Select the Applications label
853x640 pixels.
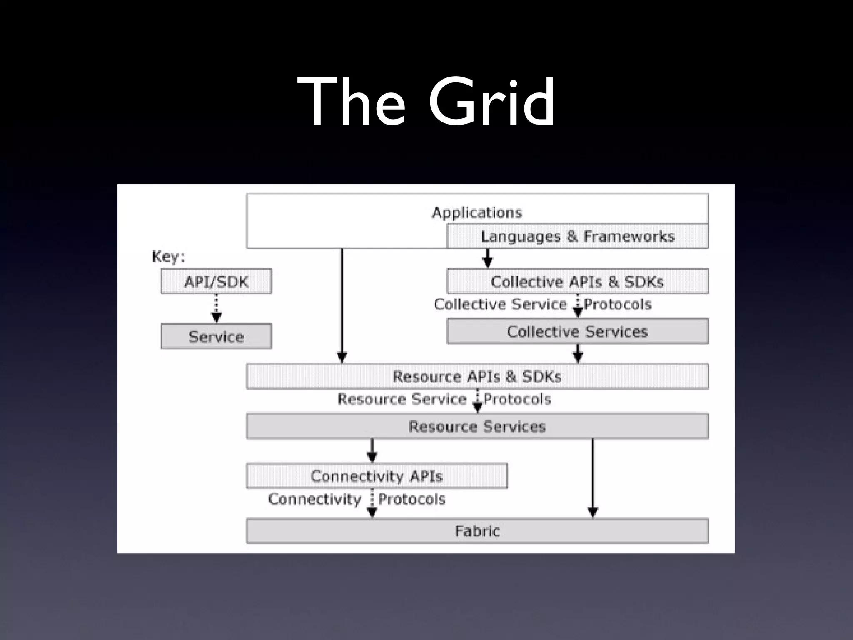tap(477, 212)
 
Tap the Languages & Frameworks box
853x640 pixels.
tap(577, 236)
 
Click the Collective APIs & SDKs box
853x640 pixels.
tap(577, 281)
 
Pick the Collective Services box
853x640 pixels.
tap(577, 331)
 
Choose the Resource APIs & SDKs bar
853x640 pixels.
tap(477, 376)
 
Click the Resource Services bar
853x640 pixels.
tap(477, 426)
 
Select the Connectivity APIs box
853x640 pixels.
tap(377, 476)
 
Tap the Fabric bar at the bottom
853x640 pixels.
tap(477, 531)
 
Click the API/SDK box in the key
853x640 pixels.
tap(216, 282)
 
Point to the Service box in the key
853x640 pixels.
tap(216, 336)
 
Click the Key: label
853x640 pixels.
tap(168, 257)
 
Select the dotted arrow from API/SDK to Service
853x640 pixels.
tap(217, 308)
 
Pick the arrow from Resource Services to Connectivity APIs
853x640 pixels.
tap(372, 450)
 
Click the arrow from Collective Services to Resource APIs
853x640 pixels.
tap(578, 353)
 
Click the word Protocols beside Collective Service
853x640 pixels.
tap(617, 305)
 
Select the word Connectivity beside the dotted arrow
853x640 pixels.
tap(315, 499)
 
